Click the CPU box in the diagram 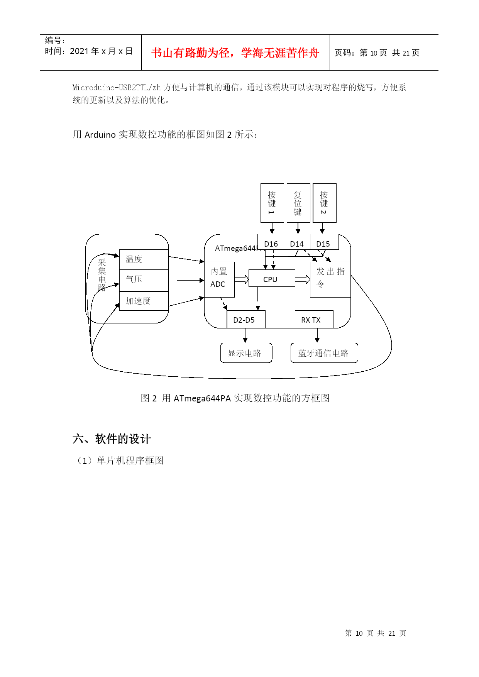click(271, 278)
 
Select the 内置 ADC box click(219, 279)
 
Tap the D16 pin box click(271, 244)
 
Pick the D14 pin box click(297, 244)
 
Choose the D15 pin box click(323, 244)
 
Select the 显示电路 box click(246, 353)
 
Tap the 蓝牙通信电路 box click(324, 353)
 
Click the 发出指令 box click(330, 279)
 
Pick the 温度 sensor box click(144, 259)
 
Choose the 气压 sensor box click(144, 280)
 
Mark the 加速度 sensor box click(144, 301)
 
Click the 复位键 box click(298, 203)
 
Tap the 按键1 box click(272, 203)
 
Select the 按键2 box click(324, 203)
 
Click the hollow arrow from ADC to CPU click(242, 279)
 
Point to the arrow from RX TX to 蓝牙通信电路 click(317, 335)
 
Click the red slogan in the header click(235, 53)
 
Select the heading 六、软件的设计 click(112, 439)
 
